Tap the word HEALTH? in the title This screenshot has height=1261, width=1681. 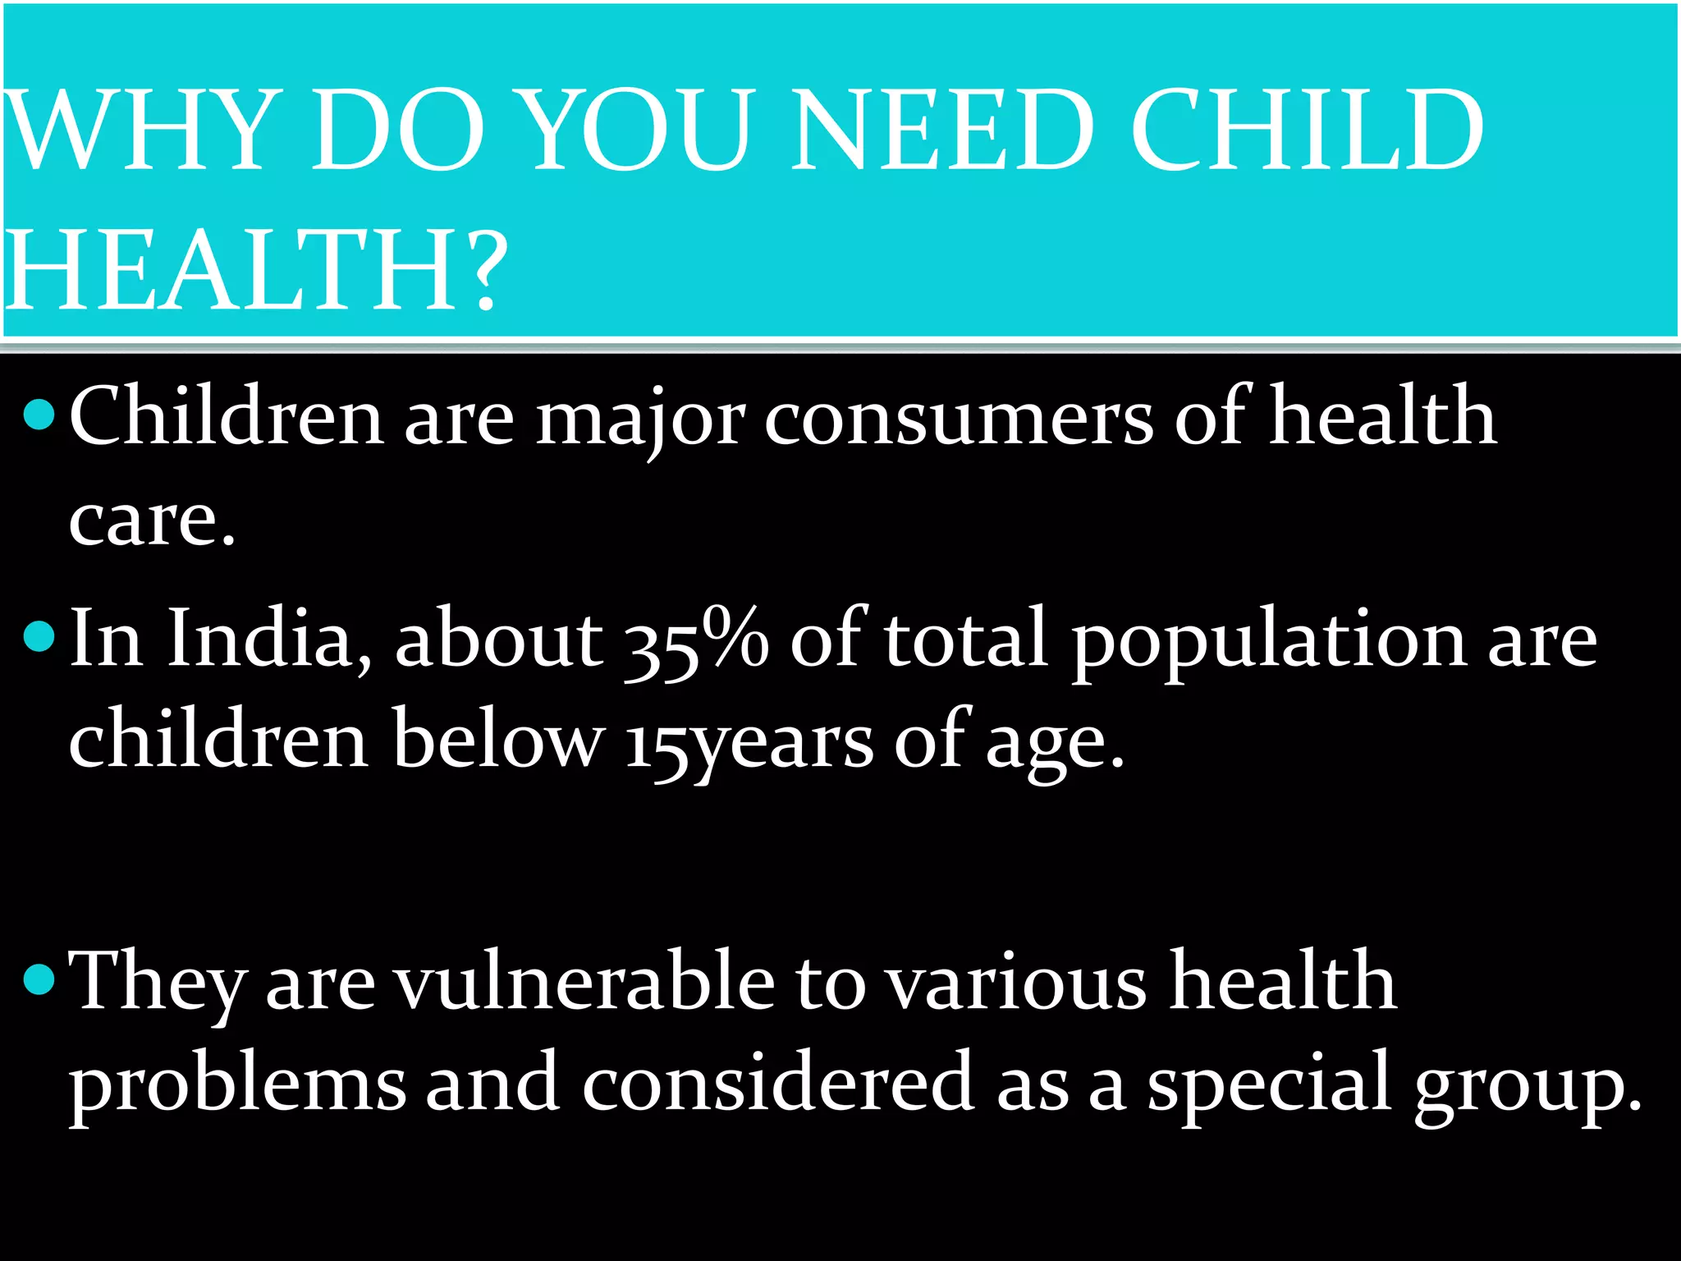click(254, 271)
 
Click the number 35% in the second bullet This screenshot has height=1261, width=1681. click(696, 640)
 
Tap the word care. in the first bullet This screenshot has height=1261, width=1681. click(152, 521)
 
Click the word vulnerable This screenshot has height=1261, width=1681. click(585, 981)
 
